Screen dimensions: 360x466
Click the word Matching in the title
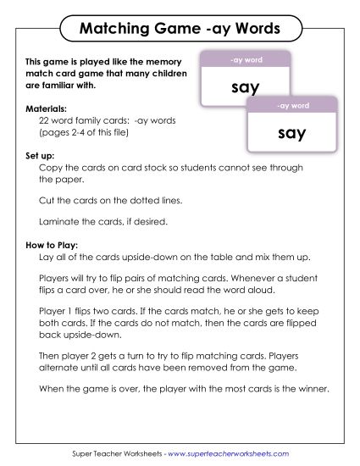point(113,31)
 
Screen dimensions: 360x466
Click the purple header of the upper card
point(246,60)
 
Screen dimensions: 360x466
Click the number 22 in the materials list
point(46,122)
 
